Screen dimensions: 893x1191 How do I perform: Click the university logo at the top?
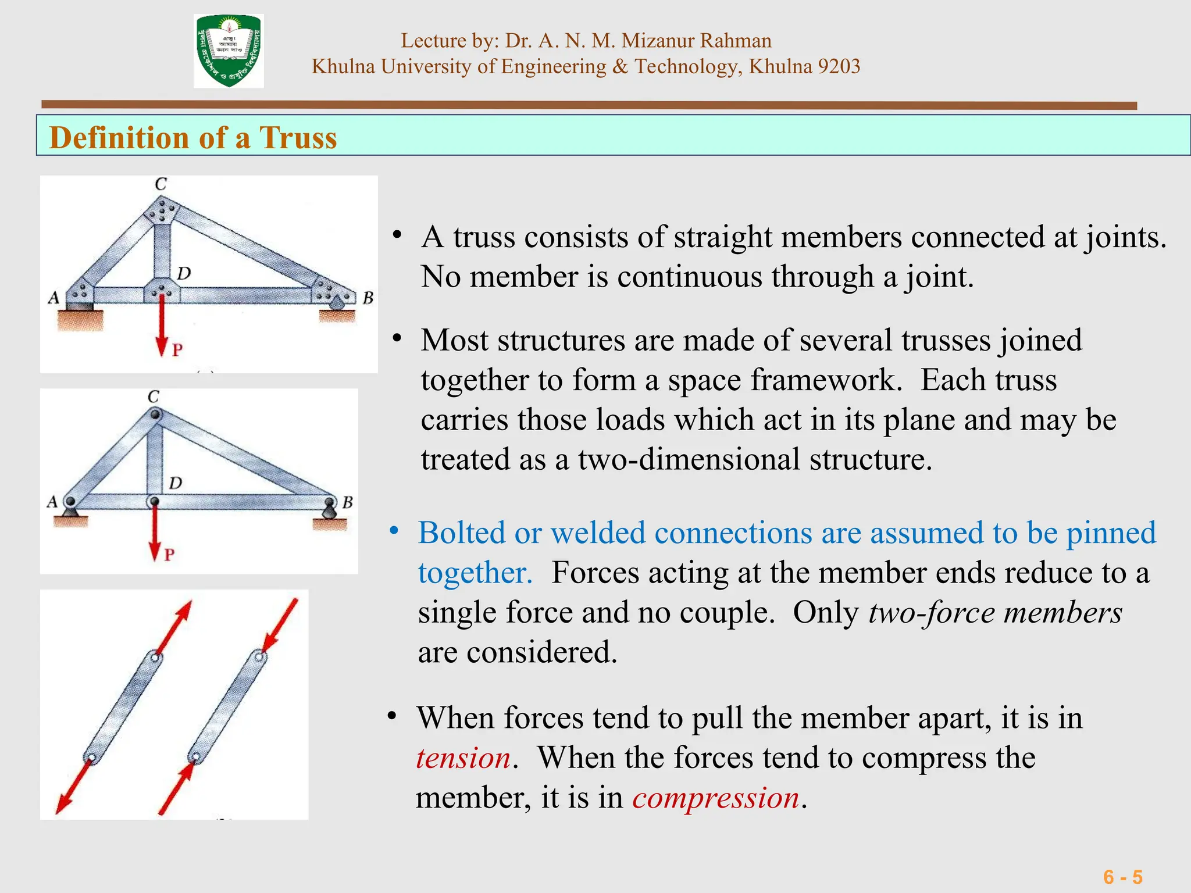[x=229, y=51]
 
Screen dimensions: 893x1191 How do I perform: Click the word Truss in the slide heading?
[x=298, y=138]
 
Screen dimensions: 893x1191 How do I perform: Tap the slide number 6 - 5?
[x=1122, y=877]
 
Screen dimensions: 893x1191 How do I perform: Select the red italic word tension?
[x=463, y=758]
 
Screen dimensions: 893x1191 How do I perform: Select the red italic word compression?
[x=716, y=798]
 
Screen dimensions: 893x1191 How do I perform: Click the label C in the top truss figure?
[x=161, y=184]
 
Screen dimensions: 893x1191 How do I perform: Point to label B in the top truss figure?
[x=368, y=298]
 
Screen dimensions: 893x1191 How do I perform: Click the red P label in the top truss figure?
[x=177, y=350]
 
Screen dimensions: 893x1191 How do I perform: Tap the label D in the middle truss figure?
[x=176, y=483]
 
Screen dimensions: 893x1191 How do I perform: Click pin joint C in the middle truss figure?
[x=155, y=415]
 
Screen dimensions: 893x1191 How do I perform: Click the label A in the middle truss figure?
[x=52, y=501]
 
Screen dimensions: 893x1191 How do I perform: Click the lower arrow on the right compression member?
[x=177, y=788]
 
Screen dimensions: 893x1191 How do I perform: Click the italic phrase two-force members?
[x=994, y=613]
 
